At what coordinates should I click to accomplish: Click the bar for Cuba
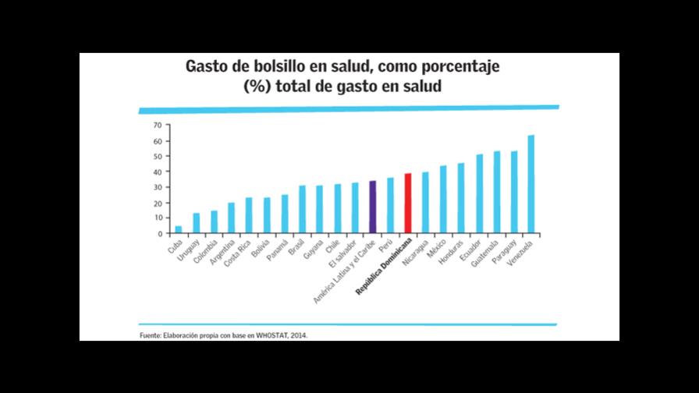point(179,229)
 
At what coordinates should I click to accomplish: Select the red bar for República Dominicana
point(408,204)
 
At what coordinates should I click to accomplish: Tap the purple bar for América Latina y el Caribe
point(373,207)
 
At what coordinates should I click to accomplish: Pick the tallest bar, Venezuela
point(531,185)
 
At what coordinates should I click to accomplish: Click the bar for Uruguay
point(197,223)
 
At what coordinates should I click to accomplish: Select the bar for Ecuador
point(479,194)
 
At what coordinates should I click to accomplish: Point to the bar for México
point(443,200)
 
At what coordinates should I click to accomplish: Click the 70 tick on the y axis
point(157,126)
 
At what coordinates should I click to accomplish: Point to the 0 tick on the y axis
point(159,234)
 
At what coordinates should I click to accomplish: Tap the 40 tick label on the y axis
point(157,172)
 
